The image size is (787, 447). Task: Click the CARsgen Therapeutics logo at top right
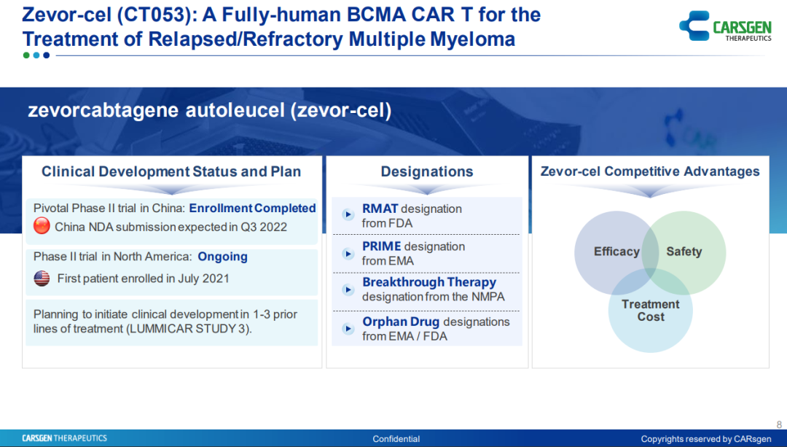(x=725, y=26)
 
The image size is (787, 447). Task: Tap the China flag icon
(x=42, y=226)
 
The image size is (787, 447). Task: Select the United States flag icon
(x=42, y=279)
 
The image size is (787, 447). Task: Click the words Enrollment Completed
(x=252, y=208)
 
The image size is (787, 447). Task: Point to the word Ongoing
(x=222, y=257)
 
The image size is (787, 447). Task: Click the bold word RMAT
(x=380, y=209)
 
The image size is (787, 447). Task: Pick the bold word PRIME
(x=381, y=246)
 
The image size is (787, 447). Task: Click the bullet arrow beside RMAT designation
(x=348, y=215)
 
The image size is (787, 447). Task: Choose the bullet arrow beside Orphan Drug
(x=348, y=328)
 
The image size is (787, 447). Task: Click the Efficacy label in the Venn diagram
(x=617, y=252)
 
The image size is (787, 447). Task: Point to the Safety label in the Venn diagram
(x=684, y=252)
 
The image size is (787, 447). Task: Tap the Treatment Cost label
(x=651, y=311)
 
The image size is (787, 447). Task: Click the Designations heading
(x=427, y=172)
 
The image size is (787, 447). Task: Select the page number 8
(x=779, y=424)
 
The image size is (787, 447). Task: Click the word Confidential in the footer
(x=396, y=439)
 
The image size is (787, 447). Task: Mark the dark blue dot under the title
(x=46, y=55)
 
